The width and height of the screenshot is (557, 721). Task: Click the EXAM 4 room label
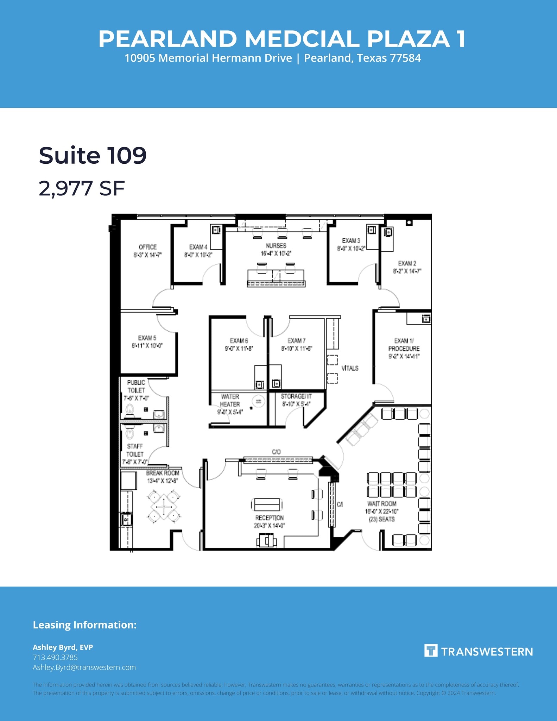(x=198, y=247)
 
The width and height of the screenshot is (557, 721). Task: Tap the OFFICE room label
(x=147, y=247)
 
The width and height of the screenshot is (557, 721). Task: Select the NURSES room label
(x=276, y=246)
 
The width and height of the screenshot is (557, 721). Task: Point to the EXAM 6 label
(x=239, y=341)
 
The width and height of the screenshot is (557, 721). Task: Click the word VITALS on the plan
(x=350, y=368)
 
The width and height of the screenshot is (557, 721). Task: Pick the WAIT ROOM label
(x=382, y=504)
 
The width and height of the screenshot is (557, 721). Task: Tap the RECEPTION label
(x=270, y=518)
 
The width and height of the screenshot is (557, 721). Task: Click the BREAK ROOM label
(x=163, y=473)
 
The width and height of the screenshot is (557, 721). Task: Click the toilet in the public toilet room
(x=130, y=409)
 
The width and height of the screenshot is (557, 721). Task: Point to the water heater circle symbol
(x=259, y=401)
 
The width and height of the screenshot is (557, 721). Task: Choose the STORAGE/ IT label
(x=296, y=396)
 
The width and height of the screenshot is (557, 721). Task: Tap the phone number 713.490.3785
(x=55, y=657)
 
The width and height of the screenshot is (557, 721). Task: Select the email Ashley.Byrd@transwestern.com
(x=84, y=667)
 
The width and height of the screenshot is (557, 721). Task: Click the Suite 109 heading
(x=93, y=155)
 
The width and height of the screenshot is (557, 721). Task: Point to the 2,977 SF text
(x=82, y=188)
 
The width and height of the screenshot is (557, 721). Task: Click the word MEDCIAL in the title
(x=302, y=39)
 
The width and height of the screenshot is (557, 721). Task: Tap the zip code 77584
(x=406, y=58)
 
